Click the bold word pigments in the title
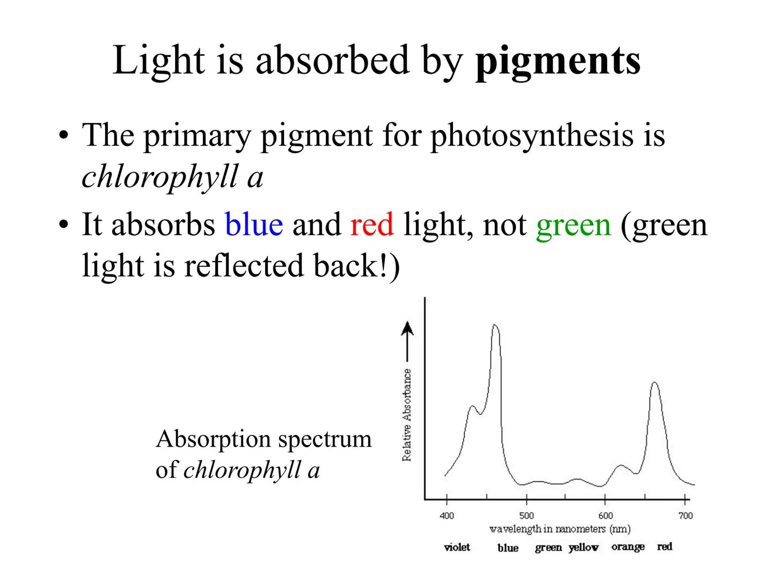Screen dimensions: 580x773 [x=558, y=61]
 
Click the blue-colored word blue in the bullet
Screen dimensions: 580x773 [x=253, y=224]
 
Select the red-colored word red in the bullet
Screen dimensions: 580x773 [x=371, y=224]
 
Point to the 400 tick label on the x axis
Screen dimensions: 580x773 [x=447, y=516]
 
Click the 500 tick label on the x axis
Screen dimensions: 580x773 [x=526, y=516]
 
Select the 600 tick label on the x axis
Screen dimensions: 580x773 [x=606, y=516]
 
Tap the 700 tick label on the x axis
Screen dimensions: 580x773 [x=686, y=516]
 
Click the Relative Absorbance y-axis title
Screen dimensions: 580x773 [x=407, y=415]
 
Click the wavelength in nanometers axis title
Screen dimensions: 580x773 [x=559, y=529]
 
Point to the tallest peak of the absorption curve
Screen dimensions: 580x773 [x=494, y=325]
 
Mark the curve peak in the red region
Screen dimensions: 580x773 [x=654, y=383]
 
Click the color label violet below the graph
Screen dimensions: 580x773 [x=457, y=547]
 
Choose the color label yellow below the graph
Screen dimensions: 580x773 [x=584, y=547]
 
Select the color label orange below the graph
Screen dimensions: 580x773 [x=628, y=547]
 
